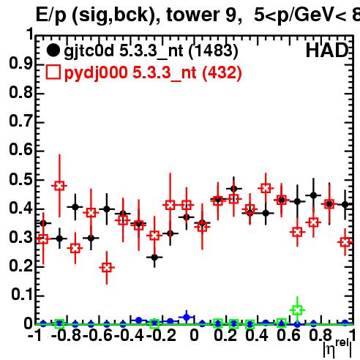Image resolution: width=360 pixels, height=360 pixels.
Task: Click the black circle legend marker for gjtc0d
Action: [x=53, y=50]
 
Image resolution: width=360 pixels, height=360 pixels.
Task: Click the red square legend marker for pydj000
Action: [x=53, y=72]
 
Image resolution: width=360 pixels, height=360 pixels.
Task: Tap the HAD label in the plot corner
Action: [x=327, y=50]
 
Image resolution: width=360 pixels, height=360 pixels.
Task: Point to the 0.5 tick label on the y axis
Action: [x=20, y=179]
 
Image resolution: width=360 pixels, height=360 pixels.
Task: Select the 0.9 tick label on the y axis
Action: [x=20, y=64]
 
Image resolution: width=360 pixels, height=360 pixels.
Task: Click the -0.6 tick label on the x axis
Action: [x=98, y=336]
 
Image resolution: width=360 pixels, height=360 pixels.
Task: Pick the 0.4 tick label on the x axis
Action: [x=257, y=336]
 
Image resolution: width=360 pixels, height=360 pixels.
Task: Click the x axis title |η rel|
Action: [x=337, y=348]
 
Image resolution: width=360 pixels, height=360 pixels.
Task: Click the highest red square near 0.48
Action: [x=59, y=186]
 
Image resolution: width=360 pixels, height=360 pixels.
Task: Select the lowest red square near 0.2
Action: [x=107, y=268]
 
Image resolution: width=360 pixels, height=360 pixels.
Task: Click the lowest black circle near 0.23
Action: [x=154, y=257]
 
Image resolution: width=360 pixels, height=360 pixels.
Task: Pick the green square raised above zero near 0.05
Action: [x=297, y=310]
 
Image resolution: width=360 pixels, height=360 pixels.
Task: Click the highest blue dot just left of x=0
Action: [x=187, y=318]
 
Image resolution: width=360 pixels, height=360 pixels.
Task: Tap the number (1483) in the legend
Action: [x=214, y=51]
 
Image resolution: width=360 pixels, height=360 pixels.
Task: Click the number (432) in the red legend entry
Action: [x=222, y=73]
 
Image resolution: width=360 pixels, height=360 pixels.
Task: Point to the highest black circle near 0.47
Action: [x=233, y=189]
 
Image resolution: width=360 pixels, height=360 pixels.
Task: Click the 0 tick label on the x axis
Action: [x=194, y=336]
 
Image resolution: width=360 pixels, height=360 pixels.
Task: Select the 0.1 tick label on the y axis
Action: [x=21, y=295]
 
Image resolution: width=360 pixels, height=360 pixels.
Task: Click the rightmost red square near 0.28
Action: [x=345, y=242]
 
